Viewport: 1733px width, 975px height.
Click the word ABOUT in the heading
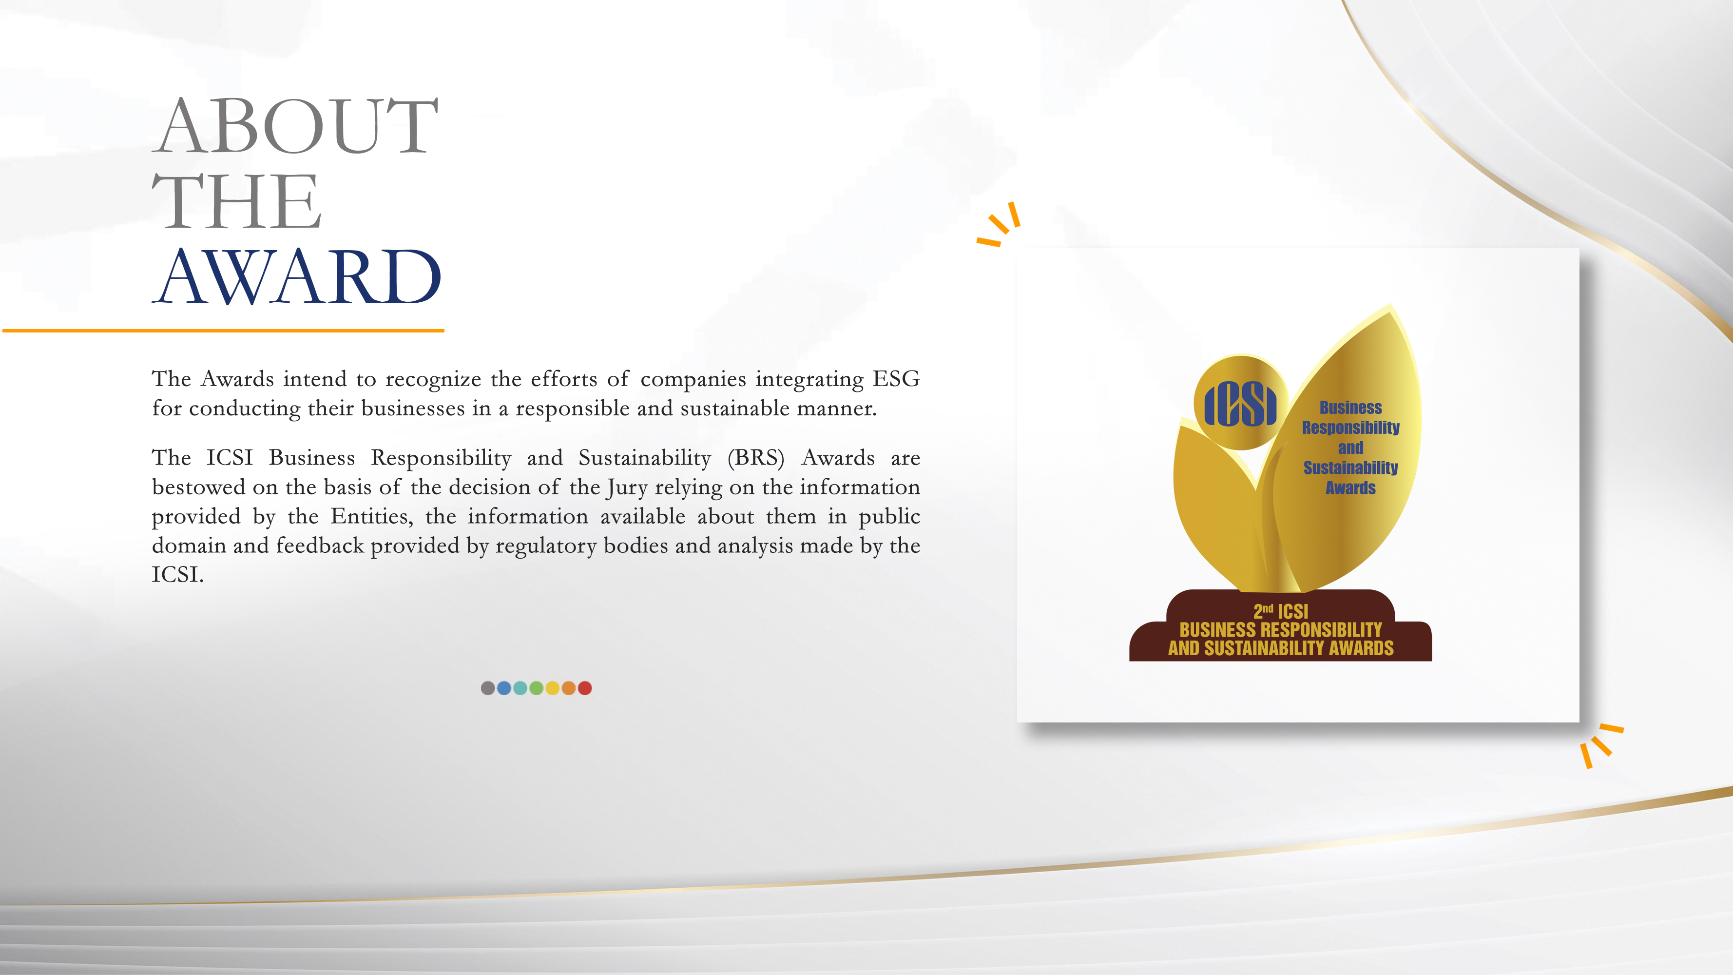(x=296, y=126)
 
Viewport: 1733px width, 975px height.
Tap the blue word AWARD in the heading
(x=297, y=276)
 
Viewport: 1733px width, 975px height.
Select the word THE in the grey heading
(x=237, y=201)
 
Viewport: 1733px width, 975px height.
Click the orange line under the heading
(x=223, y=331)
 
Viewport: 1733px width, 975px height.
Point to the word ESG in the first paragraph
(x=896, y=379)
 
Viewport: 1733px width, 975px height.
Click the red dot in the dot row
(x=585, y=688)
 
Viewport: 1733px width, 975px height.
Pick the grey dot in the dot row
(x=488, y=688)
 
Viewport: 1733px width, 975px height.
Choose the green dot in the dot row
(x=536, y=688)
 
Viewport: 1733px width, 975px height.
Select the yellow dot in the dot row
(x=552, y=688)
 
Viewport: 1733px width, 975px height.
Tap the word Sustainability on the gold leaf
(x=1350, y=468)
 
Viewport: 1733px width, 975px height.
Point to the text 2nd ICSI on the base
(x=1280, y=611)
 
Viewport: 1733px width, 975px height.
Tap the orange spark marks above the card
(x=1000, y=224)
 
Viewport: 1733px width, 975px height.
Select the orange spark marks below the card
(x=1601, y=745)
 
